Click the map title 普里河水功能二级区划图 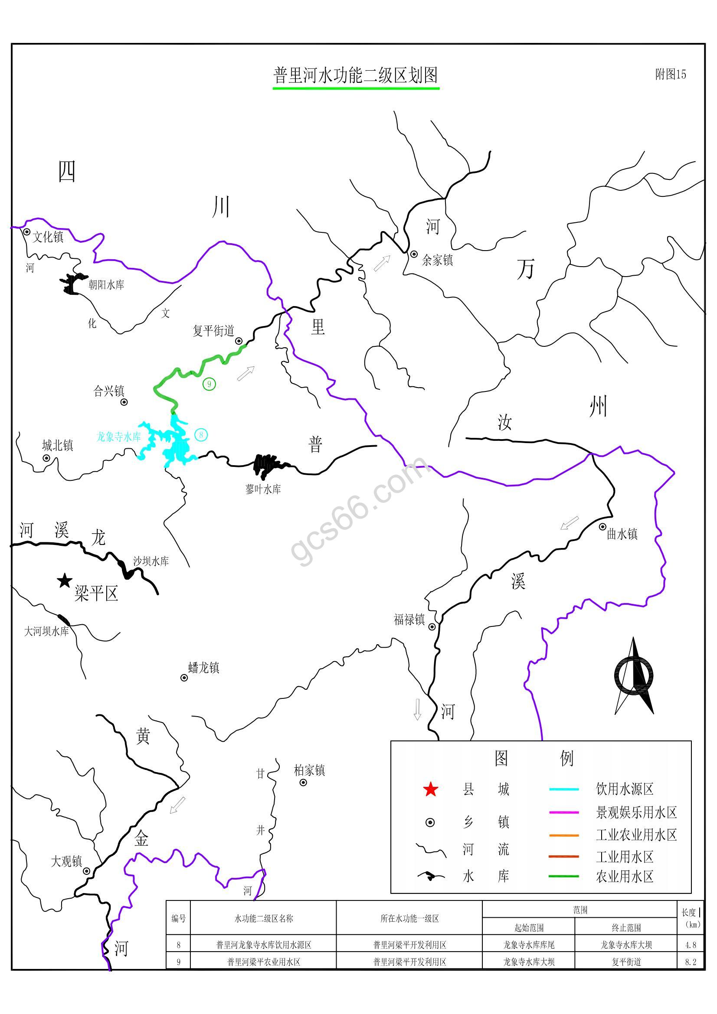(356, 75)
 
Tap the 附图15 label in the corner (670, 74)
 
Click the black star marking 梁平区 (65, 581)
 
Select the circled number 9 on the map (209, 384)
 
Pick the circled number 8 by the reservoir (201, 435)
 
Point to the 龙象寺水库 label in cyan (118, 437)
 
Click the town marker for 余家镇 (414, 254)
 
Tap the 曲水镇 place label (622, 535)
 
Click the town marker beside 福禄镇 (432, 627)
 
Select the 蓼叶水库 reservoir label (263, 489)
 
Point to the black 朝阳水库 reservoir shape (73, 283)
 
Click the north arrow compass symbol (634, 676)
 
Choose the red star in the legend (430, 789)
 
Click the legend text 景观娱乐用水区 (636, 812)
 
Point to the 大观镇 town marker (87, 871)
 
